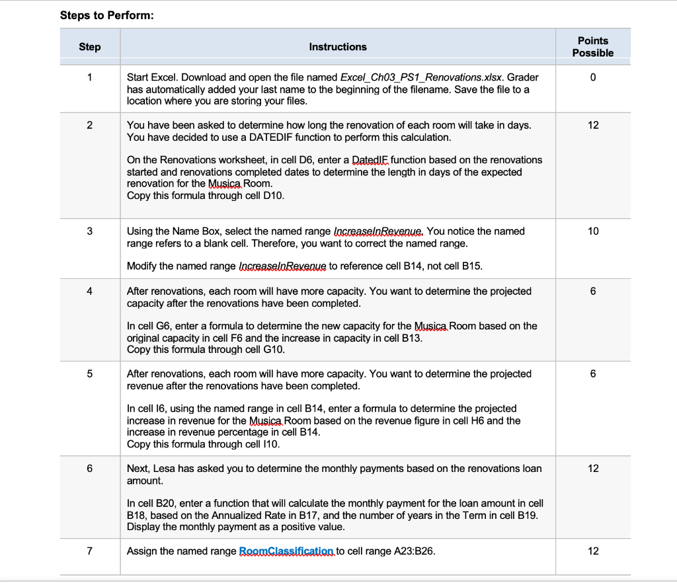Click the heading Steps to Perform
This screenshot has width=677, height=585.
[106, 15]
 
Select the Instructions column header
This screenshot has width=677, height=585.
[337, 47]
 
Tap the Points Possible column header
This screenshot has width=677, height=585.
[592, 47]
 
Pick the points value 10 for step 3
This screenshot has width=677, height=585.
[592, 231]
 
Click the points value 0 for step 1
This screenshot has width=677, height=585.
[592, 77]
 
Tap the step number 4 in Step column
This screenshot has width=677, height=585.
[90, 291]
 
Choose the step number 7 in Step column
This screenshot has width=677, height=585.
[90, 551]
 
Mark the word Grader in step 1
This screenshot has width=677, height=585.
[524, 77]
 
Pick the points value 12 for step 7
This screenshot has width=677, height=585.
[592, 551]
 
